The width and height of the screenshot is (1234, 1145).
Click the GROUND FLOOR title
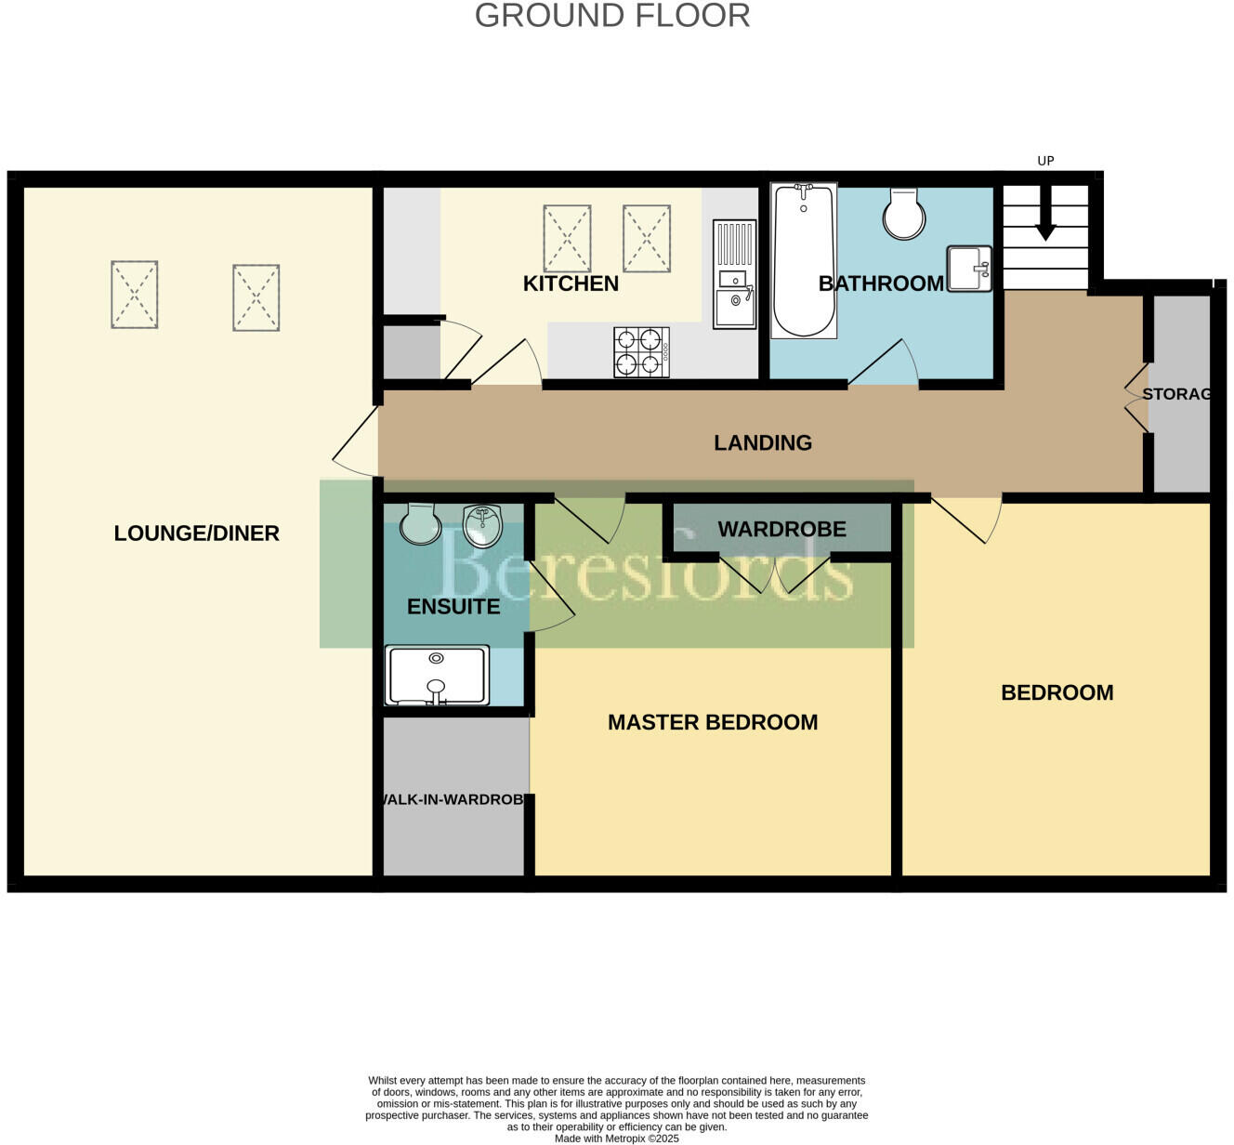point(612,16)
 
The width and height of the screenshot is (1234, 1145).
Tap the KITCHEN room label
point(571,283)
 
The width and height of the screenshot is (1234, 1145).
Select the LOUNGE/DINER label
point(196,533)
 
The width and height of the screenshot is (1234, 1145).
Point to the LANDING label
point(762,442)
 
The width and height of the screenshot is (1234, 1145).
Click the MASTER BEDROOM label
point(713,722)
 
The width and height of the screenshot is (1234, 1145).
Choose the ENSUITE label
point(453,607)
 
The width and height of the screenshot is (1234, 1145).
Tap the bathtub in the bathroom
point(804,260)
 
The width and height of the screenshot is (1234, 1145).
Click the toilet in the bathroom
point(904,213)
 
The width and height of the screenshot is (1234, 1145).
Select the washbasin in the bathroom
point(968,269)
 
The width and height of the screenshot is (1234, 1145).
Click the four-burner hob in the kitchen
point(641,352)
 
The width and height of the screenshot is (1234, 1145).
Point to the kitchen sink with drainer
point(734,274)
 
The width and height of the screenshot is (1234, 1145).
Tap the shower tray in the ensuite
point(437,676)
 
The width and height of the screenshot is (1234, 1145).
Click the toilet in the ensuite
point(420,523)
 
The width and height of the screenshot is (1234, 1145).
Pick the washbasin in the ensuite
point(482,525)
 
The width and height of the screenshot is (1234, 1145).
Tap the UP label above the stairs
point(1045,161)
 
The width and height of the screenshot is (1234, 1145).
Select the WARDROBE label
point(781,529)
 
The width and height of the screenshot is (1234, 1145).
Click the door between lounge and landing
point(355,443)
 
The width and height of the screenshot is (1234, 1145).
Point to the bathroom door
point(883,362)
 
